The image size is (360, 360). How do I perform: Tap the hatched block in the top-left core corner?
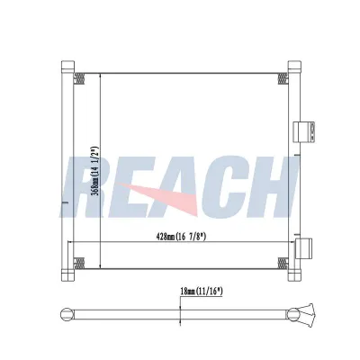(x=77, y=77)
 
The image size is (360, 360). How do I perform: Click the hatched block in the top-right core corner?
(x=283, y=77)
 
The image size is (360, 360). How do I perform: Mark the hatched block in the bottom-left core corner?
(x=77, y=264)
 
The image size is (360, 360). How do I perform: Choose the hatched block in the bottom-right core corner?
(x=283, y=264)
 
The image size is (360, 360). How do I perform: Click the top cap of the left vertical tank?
(x=67, y=65)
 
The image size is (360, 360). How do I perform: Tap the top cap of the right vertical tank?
(x=294, y=65)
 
